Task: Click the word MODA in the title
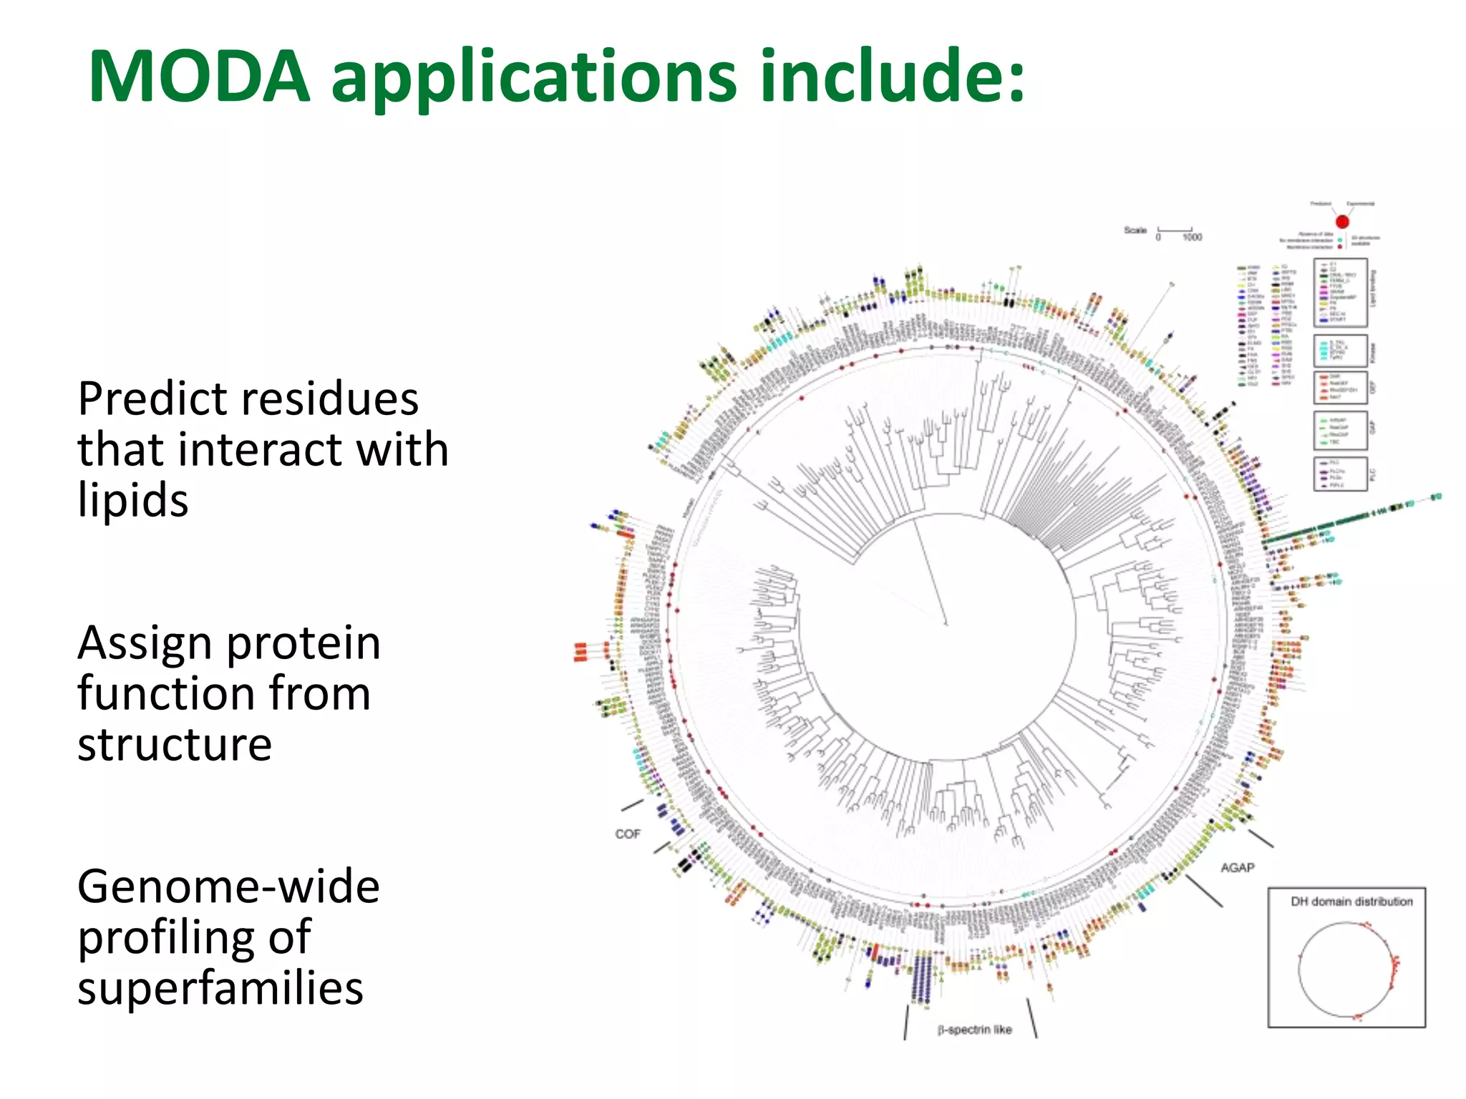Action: pos(199,77)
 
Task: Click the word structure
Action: pos(175,744)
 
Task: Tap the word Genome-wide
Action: pos(228,886)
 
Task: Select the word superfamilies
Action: pos(220,988)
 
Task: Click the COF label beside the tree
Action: pos(628,834)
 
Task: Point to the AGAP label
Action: pos(1238,868)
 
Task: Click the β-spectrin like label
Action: pos(974,1030)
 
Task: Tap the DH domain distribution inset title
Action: pos(1351,902)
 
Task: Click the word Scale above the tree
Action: pos(1135,230)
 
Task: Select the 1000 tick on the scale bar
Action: pos(1192,238)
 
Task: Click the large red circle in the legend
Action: pos(1342,222)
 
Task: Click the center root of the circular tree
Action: pos(946,624)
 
